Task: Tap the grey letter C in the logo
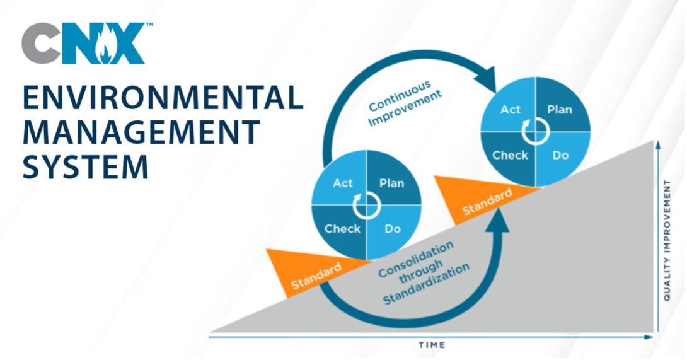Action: pyautogui.click(x=41, y=44)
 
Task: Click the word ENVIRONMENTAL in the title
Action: pyautogui.click(x=163, y=97)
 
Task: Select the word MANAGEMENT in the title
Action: pyautogui.click(x=142, y=132)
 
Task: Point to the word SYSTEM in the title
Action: pyautogui.click(x=86, y=166)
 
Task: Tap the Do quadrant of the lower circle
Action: pyautogui.click(x=393, y=231)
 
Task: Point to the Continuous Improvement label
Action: pyautogui.click(x=405, y=103)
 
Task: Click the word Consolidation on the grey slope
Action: pyautogui.click(x=415, y=260)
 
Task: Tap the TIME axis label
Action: pyautogui.click(x=432, y=345)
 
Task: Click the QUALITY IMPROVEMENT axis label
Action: pyautogui.click(x=667, y=240)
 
